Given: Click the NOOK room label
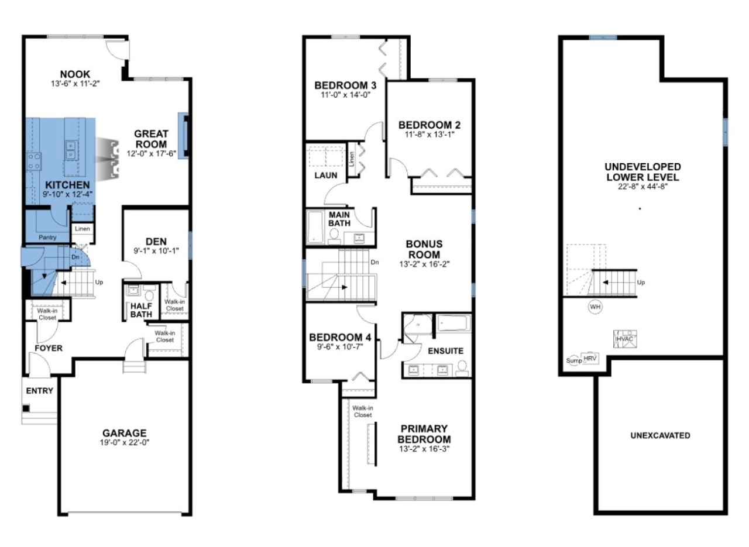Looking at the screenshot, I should pyautogui.click(x=75, y=74).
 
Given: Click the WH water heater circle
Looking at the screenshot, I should pyautogui.click(x=595, y=307).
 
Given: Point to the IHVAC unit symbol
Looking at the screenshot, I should pyautogui.click(x=624, y=338).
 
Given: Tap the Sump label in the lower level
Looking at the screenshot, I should pyautogui.click(x=573, y=360).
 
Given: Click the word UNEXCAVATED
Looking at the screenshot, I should pyautogui.click(x=660, y=436).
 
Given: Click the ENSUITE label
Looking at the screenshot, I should pyautogui.click(x=445, y=351).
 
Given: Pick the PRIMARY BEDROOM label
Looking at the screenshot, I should pyautogui.click(x=424, y=434).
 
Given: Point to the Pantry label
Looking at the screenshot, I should pyautogui.click(x=47, y=238).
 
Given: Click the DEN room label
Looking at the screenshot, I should pyautogui.click(x=156, y=240).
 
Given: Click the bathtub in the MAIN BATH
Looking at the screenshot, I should pyautogui.click(x=315, y=228).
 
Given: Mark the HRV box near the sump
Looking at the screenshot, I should pyautogui.click(x=587, y=357).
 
